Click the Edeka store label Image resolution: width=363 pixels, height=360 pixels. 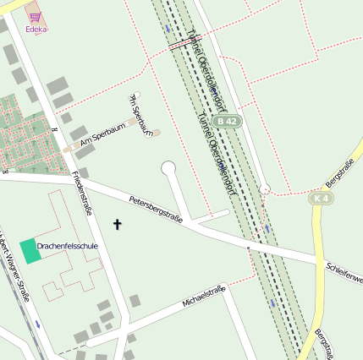(x=36, y=29)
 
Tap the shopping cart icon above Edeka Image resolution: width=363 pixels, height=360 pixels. (x=36, y=17)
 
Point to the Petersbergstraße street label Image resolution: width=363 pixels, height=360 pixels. (x=156, y=209)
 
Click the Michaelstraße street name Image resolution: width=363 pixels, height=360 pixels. (x=204, y=297)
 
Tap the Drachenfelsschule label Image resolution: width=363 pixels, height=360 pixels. (x=68, y=246)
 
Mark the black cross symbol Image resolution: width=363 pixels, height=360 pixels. (x=117, y=224)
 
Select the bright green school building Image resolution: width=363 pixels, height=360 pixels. (x=30, y=249)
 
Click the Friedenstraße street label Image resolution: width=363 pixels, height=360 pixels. (x=82, y=194)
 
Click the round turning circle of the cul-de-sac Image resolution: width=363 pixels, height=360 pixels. (x=168, y=166)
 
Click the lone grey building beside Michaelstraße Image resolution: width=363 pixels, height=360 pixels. (x=135, y=301)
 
